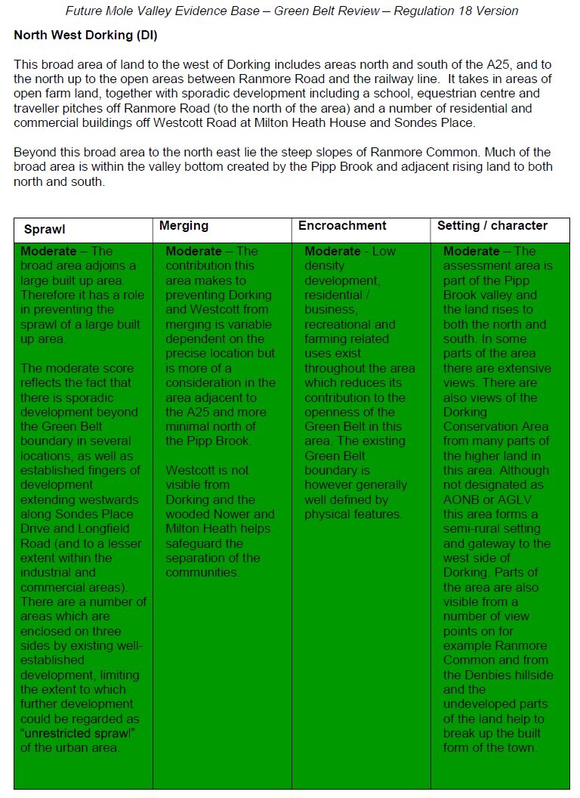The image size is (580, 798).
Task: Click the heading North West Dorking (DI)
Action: point(85,36)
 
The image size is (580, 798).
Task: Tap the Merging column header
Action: point(184,226)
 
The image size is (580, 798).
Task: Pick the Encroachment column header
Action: point(342,226)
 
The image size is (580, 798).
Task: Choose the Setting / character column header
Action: point(492,226)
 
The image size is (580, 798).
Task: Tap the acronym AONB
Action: point(463,500)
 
